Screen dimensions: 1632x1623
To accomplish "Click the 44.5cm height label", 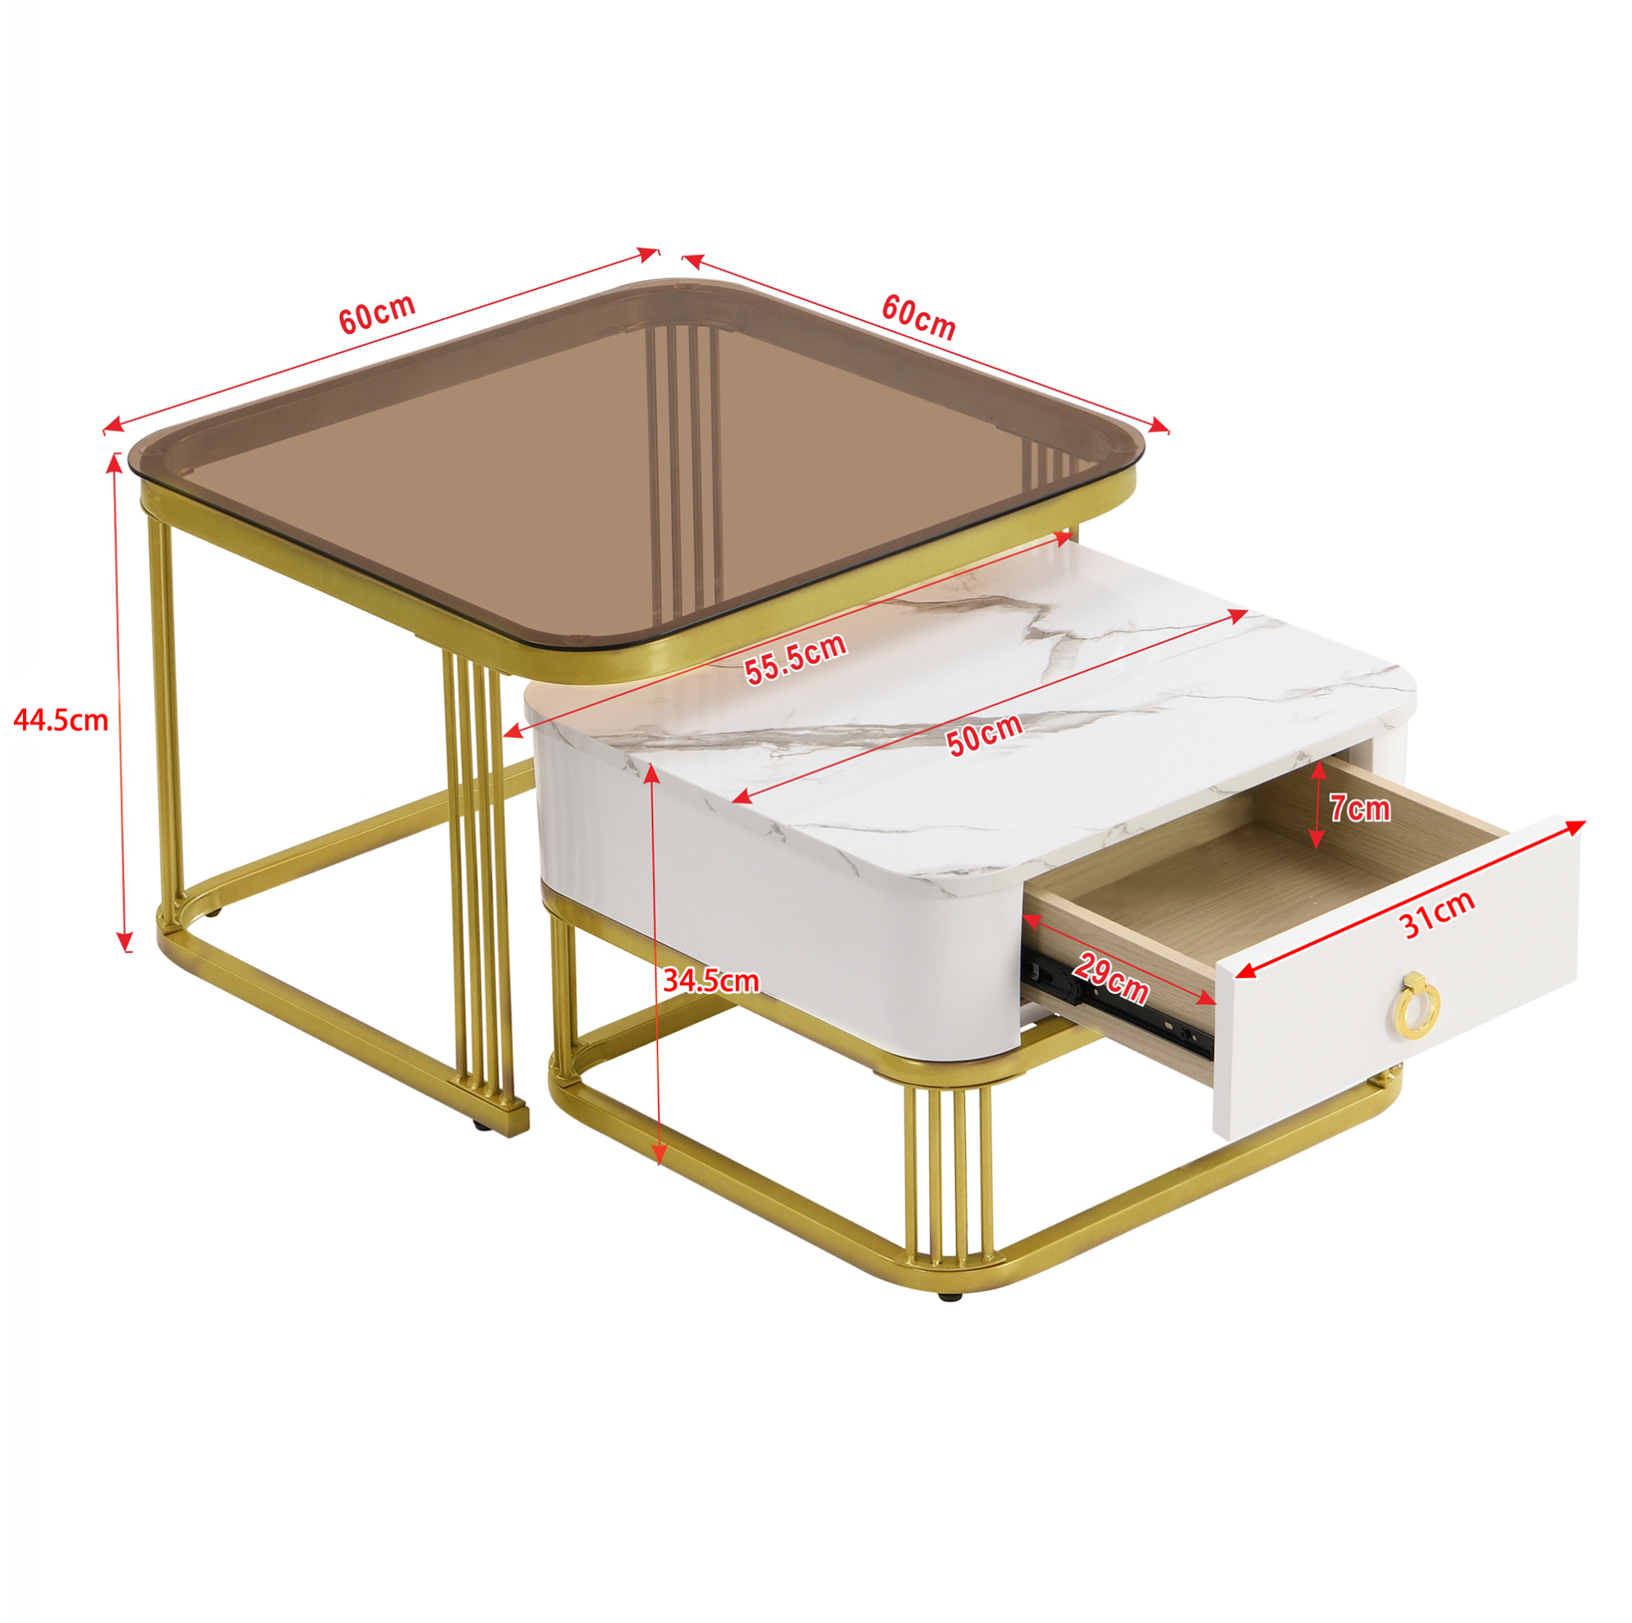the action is [61, 720].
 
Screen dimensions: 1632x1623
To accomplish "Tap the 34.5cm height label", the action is [710, 980].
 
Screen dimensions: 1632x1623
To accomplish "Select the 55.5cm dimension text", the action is [795, 658].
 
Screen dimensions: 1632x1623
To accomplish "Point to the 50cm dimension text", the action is [984, 734].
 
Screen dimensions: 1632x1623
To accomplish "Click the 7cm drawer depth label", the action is [1360, 808].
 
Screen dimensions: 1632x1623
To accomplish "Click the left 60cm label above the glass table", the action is [377, 314].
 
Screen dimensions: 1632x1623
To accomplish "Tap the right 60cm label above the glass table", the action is [918, 317].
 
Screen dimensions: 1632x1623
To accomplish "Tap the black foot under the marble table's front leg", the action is [949, 1294].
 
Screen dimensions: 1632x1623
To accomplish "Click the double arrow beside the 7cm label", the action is [1316, 806].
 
